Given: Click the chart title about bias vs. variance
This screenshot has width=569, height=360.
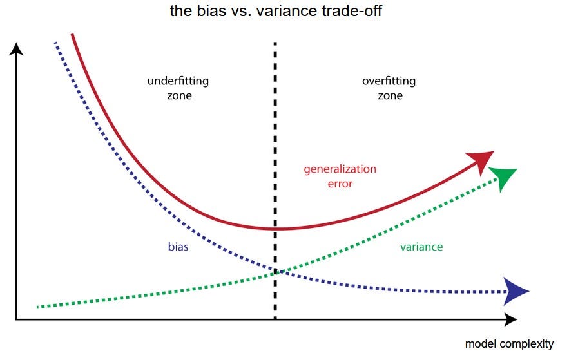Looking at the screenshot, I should pos(285,11).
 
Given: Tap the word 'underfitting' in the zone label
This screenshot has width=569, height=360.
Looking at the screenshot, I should pos(178,81).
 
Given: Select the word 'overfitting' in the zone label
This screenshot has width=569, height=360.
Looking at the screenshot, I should pos(389,81).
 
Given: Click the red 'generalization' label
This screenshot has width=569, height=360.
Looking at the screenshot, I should pos(340,169).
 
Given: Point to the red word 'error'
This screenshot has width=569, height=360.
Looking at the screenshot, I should pos(340,184).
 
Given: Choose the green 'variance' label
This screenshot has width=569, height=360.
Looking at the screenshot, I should pos(421,247).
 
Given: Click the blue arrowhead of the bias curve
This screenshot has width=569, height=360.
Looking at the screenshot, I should pos(517,292).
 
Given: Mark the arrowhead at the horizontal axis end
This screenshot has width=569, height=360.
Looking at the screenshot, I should pos(510,319).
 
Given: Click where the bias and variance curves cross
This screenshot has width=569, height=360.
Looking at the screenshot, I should pos(276,272).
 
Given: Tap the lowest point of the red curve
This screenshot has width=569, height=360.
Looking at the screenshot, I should pos(276,229).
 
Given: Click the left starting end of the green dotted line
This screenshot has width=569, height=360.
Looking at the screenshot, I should pos(39,307).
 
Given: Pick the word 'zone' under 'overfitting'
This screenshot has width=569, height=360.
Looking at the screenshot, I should pos(390,95).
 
